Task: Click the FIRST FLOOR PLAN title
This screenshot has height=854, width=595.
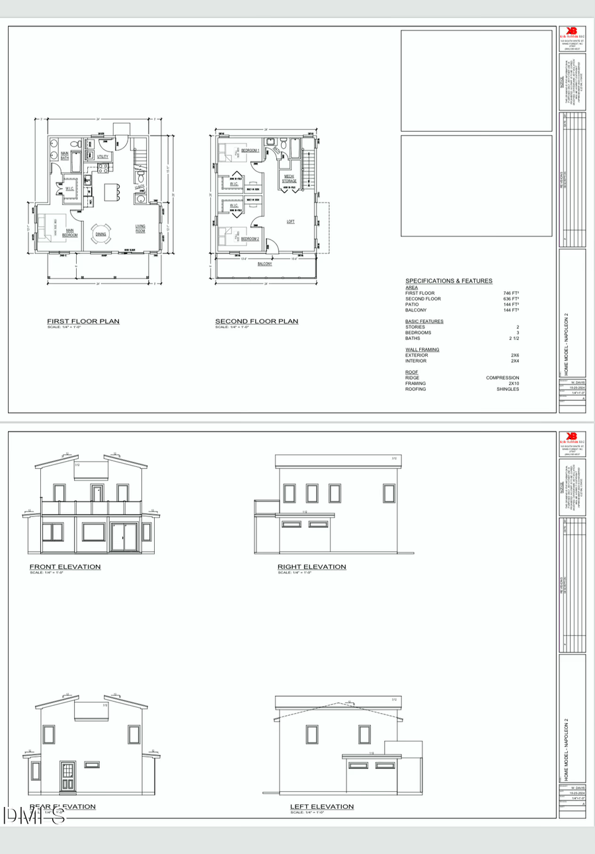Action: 83,321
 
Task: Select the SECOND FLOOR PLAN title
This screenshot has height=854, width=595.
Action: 257,321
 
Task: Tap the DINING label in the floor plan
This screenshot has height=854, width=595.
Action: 100,234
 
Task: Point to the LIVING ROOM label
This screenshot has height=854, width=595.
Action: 141,228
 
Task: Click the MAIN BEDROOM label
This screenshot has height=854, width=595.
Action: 70,233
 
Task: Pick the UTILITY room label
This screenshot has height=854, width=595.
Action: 102,156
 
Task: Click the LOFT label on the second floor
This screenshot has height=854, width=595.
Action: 290,222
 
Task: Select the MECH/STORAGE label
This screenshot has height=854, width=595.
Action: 290,179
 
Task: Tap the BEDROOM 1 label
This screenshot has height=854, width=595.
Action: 250,151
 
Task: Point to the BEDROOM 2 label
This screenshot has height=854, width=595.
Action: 250,239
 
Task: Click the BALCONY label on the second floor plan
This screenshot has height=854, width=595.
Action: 264,264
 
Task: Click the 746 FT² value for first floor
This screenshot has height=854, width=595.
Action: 510,293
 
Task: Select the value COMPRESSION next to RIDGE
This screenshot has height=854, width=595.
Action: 502,378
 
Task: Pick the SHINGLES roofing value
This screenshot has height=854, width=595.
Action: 508,389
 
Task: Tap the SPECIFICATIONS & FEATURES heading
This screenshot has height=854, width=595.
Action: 448,281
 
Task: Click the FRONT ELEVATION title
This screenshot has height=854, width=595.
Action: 65,567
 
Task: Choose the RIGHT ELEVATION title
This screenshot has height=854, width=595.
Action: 311,567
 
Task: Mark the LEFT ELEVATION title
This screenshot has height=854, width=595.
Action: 321,806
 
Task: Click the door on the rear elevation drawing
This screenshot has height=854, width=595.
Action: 67,776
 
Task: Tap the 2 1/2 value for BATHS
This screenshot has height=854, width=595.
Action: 514,339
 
